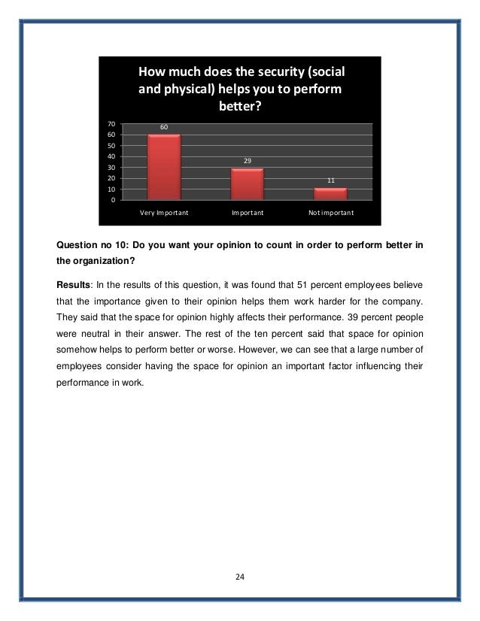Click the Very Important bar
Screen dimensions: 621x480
pyautogui.click(x=164, y=167)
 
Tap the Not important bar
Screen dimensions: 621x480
pyautogui.click(x=330, y=193)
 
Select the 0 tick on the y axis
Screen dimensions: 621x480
pyautogui.click(x=114, y=201)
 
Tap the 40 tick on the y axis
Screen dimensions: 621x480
pyautogui.click(x=111, y=156)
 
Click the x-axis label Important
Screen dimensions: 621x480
pyautogui.click(x=248, y=213)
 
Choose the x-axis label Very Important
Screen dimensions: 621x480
pyautogui.click(x=164, y=213)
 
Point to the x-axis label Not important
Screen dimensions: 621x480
pyautogui.click(x=331, y=213)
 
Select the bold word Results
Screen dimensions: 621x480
pyautogui.click(x=74, y=286)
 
